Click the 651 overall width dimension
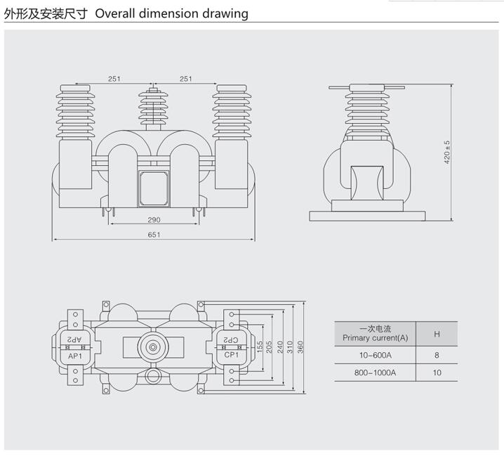coord(154,235)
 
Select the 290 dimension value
coord(154,220)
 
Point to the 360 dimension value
coord(299,347)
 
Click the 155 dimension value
coord(259,347)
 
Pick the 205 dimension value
coord(269,347)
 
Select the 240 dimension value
coord(279,347)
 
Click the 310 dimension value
coord(289,347)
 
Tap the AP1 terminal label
coord(75,356)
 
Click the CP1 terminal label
coord(232,356)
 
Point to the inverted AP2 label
coord(75,340)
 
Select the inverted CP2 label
coord(232,340)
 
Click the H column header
coord(437,333)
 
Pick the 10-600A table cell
coord(375,355)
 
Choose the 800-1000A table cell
coord(375,372)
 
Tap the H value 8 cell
coord(437,355)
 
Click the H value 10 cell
coord(437,372)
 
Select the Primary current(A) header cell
coord(375,333)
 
